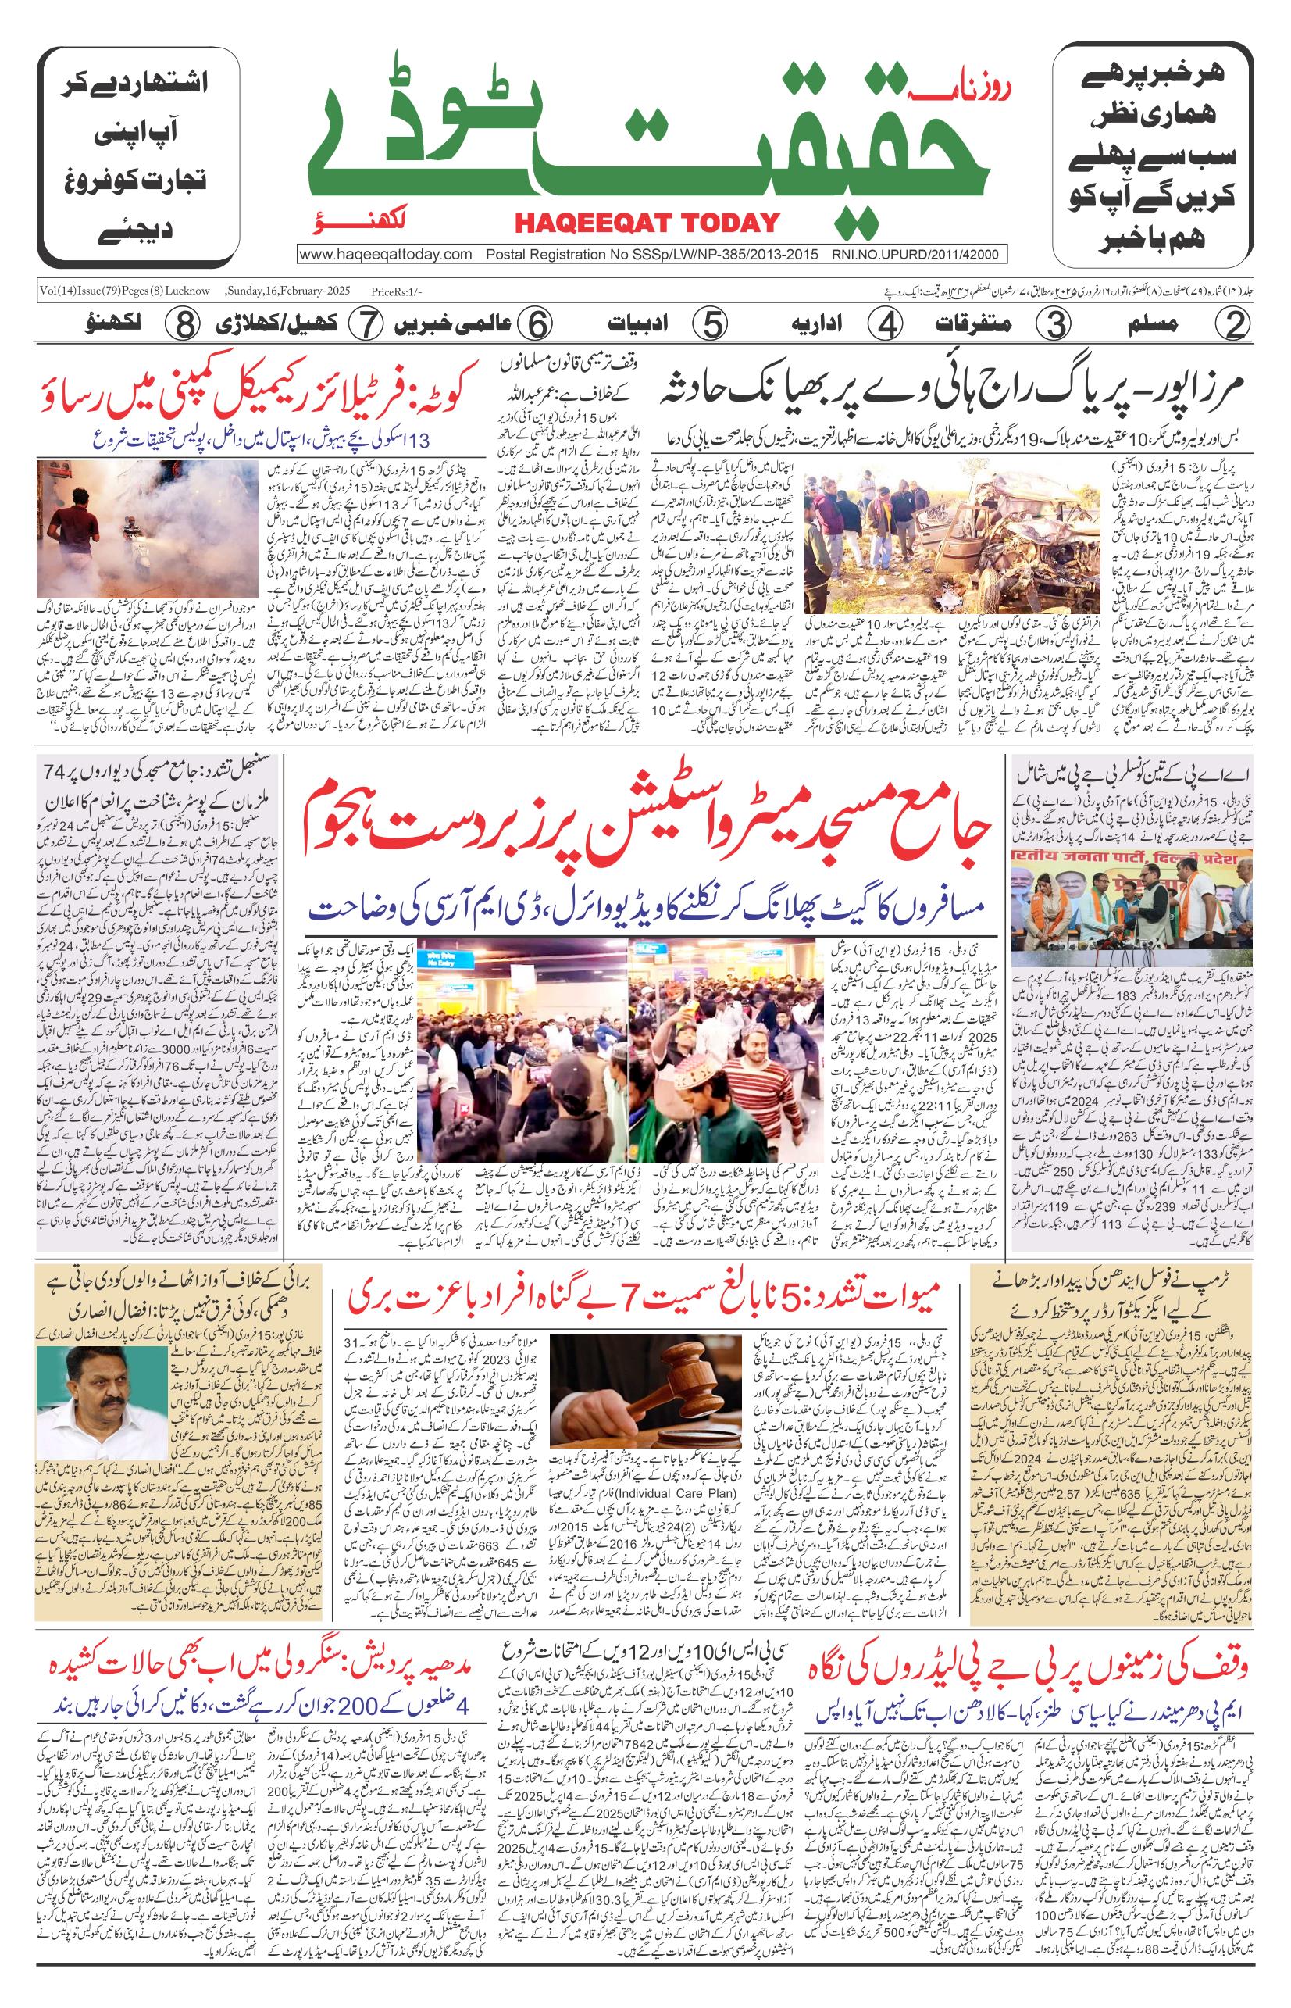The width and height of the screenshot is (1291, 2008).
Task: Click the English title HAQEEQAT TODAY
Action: tap(647, 222)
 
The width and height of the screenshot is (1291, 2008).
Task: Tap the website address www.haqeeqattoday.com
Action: tap(387, 255)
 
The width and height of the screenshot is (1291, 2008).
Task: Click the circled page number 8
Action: tap(181, 323)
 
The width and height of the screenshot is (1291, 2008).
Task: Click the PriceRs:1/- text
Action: tap(397, 291)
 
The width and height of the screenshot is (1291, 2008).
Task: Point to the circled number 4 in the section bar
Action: tap(885, 323)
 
